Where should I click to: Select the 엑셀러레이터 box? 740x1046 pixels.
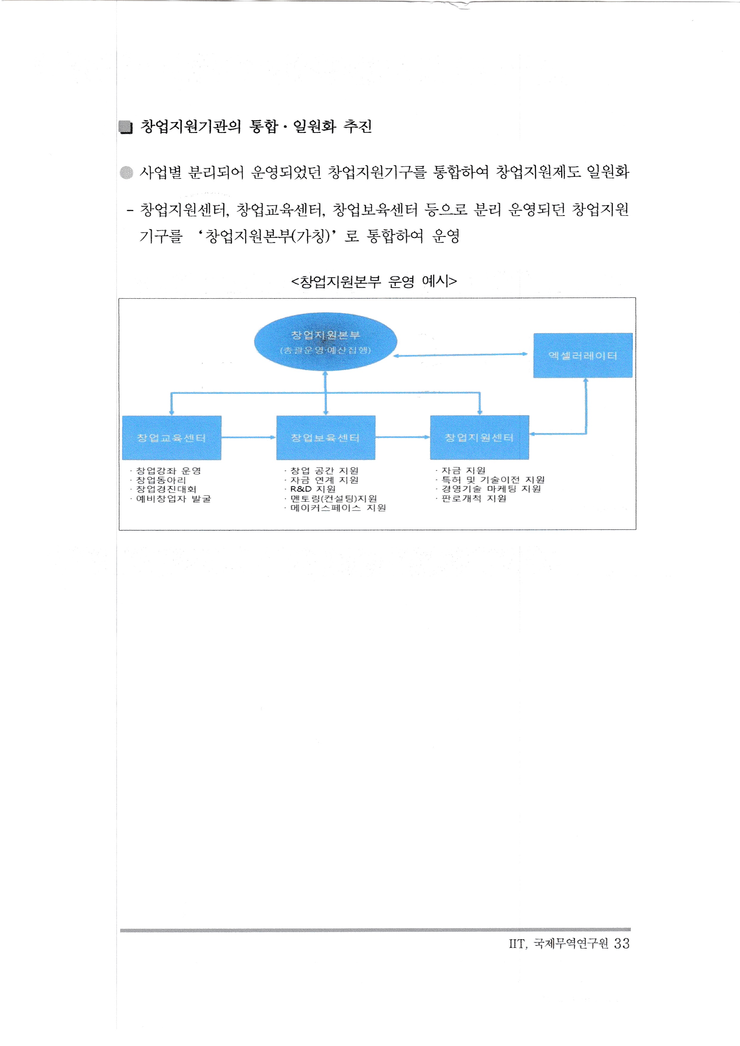coord(583,355)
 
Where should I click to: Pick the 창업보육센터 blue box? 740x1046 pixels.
coord(325,437)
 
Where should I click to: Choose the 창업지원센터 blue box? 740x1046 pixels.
coord(480,437)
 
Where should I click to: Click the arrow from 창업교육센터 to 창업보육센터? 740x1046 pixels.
coord(248,437)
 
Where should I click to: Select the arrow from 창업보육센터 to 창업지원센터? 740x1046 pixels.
coord(402,437)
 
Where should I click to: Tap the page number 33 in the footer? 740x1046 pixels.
coord(622,943)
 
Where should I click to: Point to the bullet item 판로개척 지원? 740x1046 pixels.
coord(474,498)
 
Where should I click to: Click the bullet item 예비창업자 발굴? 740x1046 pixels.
coord(173,499)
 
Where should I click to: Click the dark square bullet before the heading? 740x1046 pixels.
coord(125,127)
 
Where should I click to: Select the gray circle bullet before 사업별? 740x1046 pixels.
coord(126,173)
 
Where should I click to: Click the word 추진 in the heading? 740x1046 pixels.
coord(358,126)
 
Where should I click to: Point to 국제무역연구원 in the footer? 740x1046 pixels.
coord(571,943)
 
